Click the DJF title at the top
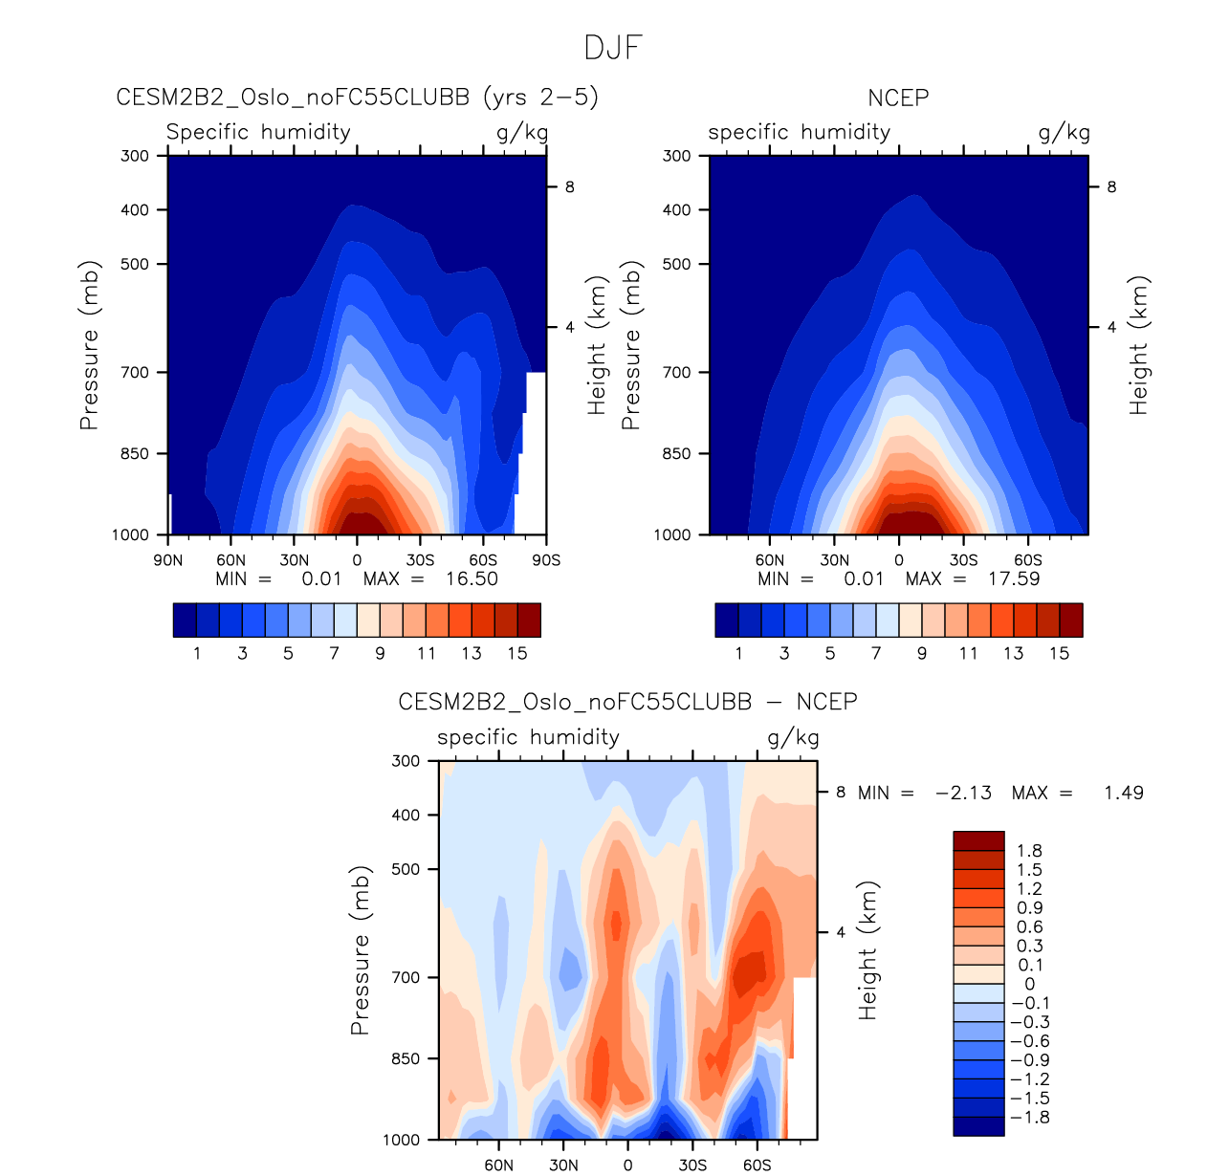point(613,48)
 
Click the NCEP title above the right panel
point(898,98)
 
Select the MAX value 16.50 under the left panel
point(472,578)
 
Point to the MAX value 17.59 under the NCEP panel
point(1014,578)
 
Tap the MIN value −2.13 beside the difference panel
point(963,793)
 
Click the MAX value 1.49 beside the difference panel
point(1124,793)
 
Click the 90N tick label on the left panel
point(168,560)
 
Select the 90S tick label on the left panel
point(546,560)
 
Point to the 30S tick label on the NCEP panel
point(963,560)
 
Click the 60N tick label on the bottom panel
point(498,1165)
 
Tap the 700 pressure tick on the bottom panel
point(407,977)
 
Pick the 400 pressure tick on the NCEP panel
point(676,209)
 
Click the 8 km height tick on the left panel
point(569,187)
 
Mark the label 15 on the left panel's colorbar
point(517,654)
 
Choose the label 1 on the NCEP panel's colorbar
point(738,654)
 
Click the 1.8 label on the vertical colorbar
point(1030,851)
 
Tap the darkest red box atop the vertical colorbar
point(978,840)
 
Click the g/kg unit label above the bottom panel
point(793,737)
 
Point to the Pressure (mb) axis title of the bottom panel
point(360,950)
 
